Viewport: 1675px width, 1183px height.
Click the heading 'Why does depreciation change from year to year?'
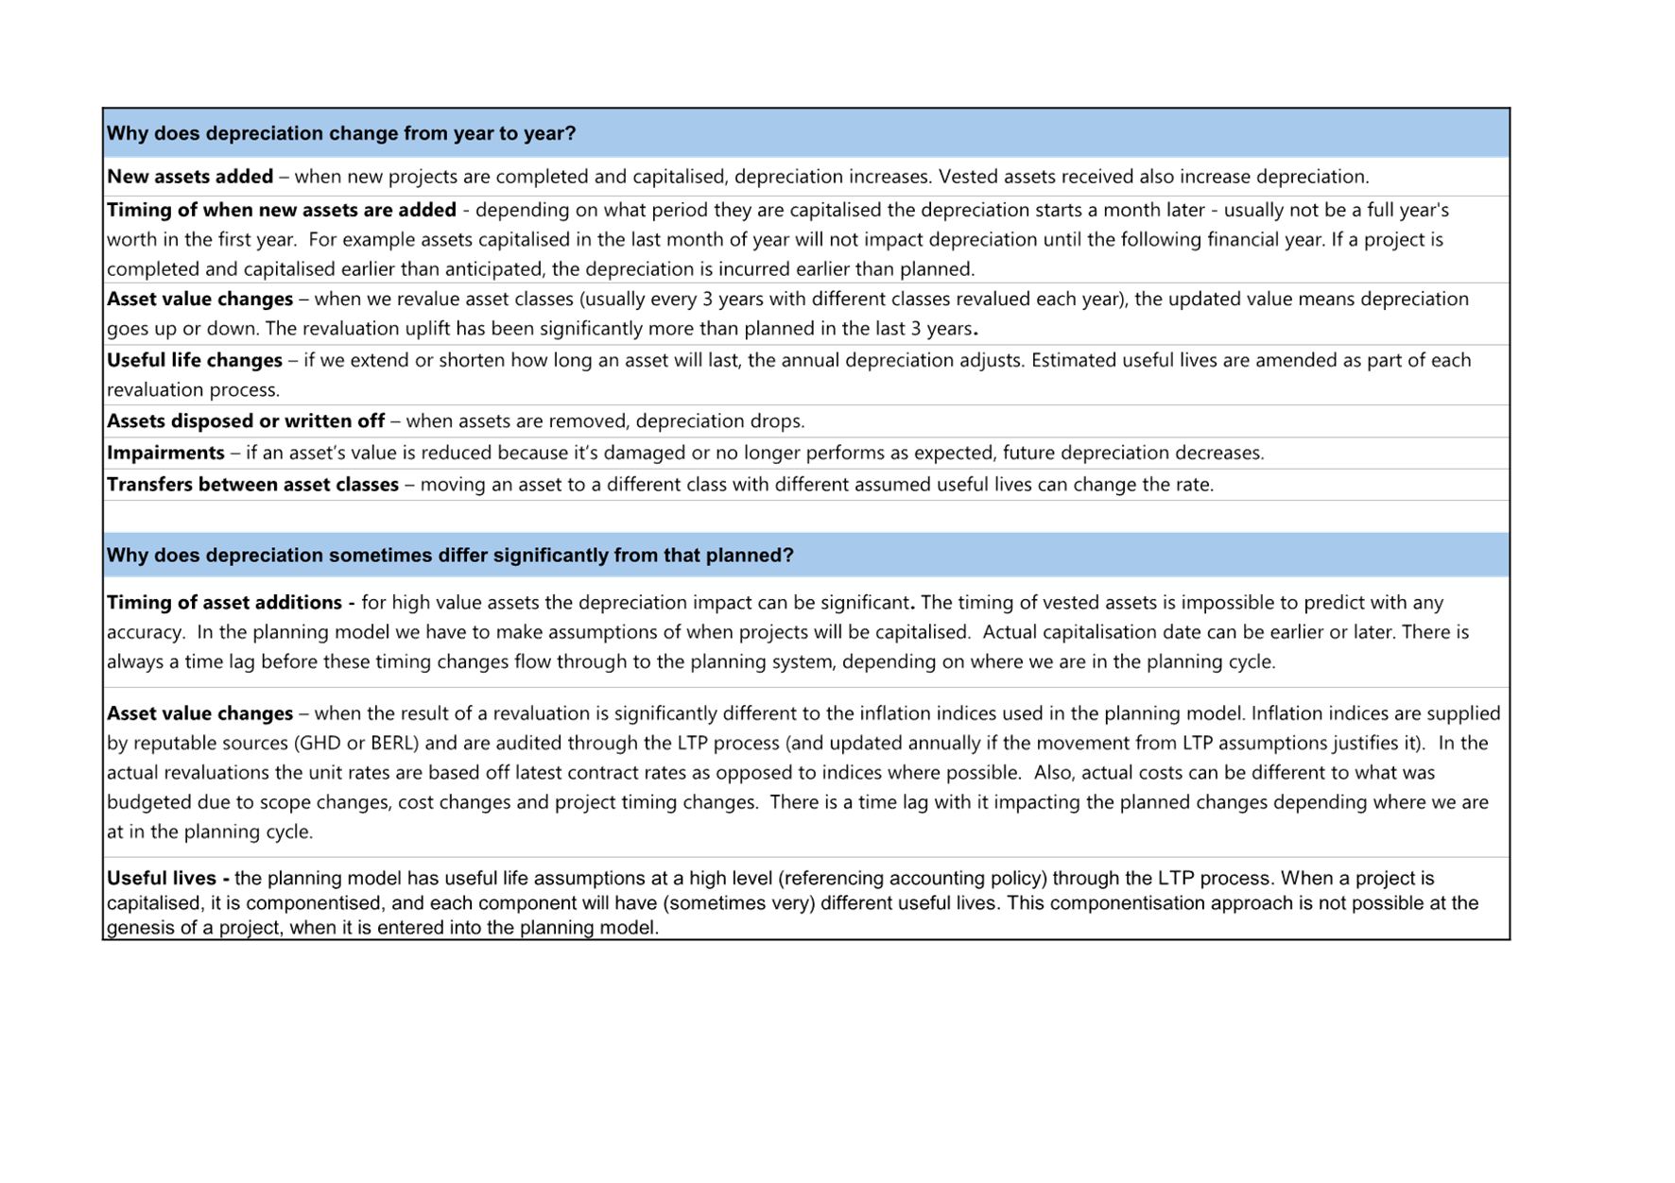tap(340, 133)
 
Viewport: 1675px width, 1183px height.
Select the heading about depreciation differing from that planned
tap(450, 555)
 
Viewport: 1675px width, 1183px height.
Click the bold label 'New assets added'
tap(190, 177)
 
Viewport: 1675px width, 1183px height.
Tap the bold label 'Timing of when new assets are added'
tap(282, 210)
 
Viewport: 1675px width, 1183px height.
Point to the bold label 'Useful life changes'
tap(194, 360)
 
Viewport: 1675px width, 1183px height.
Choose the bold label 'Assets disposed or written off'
tap(246, 421)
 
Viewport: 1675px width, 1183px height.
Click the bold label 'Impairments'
tap(165, 453)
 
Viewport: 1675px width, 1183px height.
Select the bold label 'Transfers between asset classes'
tap(252, 485)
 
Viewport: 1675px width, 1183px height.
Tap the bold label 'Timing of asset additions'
tap(224, 602)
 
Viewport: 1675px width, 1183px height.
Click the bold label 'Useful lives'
tap(161, 878)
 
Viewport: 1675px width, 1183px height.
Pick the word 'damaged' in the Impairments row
tap(644, 453)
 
